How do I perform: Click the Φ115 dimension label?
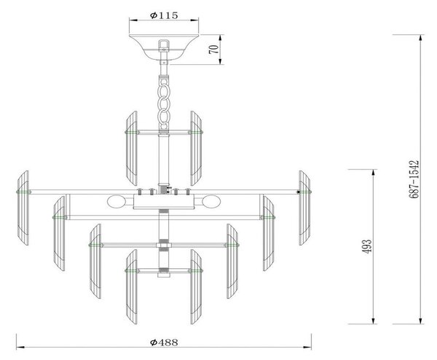tap(164, 15)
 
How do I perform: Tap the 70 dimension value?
tap(213, 50)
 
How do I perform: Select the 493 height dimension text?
tap(366, 246)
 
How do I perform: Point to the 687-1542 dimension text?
tap(414, 179)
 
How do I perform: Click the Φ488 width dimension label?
tap(164, 342)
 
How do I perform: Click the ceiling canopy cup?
tap(164, 47)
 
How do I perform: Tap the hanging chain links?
tap(164, 103)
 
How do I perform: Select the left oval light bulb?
tap(117, 201)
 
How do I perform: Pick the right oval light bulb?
tap(211, 201)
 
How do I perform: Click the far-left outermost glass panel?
tap(23, 208)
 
